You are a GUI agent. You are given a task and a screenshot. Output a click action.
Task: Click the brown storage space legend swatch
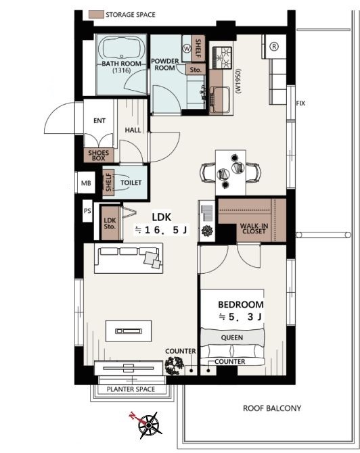(x=96, y=15)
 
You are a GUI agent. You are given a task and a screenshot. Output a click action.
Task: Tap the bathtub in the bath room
(x=121, y=49)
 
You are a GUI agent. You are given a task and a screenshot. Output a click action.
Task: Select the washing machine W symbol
(x=187, y=49)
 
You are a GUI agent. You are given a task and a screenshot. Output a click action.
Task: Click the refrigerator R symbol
(x=274, y=46)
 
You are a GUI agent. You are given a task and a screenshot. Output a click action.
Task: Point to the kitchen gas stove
(x=223, y=57)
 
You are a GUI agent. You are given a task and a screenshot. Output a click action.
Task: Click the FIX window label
(x=300, y=103)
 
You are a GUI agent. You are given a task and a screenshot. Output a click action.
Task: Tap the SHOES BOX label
(x=99, y=156)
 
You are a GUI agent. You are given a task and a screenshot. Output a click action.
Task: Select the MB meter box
(x=86, y=183)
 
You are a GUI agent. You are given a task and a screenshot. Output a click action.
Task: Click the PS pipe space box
(x=87, y=211)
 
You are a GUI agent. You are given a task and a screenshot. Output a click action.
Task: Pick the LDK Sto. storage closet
(x=110, y=222)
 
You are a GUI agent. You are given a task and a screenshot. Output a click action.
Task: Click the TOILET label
(x=131, y=183)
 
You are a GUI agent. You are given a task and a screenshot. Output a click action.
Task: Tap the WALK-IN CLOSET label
(x=254, y=229)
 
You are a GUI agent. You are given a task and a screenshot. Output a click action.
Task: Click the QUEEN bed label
(x=232, y=337)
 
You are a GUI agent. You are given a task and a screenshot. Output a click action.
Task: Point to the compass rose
(x=148, y=425)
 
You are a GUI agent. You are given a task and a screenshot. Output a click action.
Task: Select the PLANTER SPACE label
(x=131, y=389)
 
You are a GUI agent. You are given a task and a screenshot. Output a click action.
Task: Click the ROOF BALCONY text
(x=272, y=408)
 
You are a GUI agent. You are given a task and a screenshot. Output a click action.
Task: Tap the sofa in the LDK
(x=129, y=258)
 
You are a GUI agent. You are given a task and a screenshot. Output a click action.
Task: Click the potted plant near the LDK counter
(x=174, y=366)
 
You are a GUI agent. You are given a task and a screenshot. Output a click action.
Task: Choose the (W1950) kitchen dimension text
(x=238, y=81)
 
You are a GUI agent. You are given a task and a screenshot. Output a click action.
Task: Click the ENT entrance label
(x=99, y=120)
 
